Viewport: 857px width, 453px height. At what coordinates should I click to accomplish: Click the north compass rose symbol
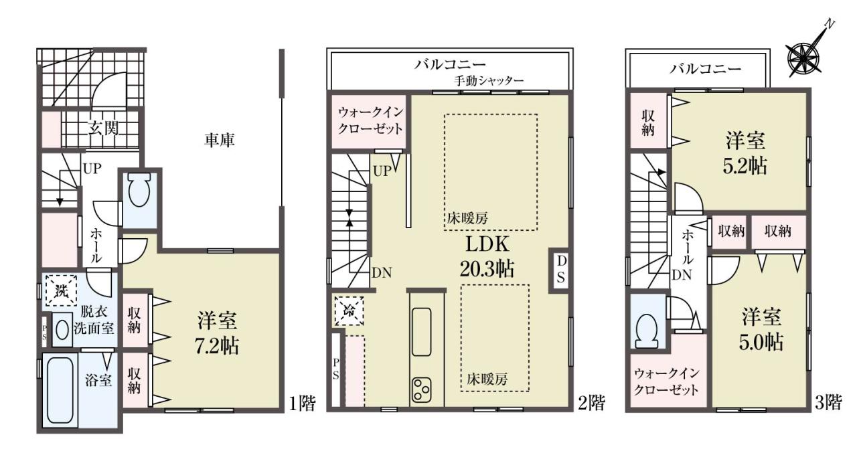[807, 58]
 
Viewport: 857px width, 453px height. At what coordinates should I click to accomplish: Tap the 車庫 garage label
[219, 141]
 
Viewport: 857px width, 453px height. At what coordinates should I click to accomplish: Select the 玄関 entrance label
[103, 128]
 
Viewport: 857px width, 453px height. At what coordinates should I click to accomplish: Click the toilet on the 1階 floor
[139, 191]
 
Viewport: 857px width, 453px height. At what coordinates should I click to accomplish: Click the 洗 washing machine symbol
[62, 291]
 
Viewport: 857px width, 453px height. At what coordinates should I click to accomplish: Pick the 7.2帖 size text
[216, 346]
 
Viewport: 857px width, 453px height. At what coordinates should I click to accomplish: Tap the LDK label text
[487, 244]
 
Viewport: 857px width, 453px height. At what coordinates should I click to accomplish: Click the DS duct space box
[560, 270]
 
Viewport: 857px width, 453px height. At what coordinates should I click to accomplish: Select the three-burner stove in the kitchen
[422, 389]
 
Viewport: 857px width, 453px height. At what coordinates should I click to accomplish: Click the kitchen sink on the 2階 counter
[422, 332]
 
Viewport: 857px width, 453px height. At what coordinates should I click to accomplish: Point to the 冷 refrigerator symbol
[349, 310]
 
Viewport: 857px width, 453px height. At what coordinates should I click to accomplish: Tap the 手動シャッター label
[489, 81]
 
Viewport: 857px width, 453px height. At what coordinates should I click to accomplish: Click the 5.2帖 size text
[745, 167]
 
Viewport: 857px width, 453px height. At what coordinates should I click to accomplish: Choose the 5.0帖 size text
[761, 342]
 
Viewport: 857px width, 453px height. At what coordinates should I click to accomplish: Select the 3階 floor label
[828, 403]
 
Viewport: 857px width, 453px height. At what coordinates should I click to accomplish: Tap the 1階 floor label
[302, 403]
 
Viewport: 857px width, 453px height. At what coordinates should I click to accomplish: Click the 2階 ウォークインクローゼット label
[371, 120]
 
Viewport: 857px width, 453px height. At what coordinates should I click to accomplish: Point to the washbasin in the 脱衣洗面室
[62, 330]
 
